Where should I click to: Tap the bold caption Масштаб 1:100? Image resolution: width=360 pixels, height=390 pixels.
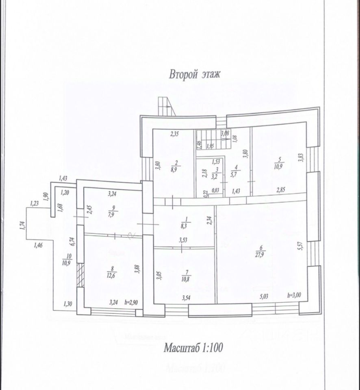pos(194,348)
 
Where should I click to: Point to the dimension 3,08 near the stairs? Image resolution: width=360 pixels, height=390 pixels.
pos(225,133)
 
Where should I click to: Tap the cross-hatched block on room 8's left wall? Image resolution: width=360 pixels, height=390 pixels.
pos(80,271)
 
